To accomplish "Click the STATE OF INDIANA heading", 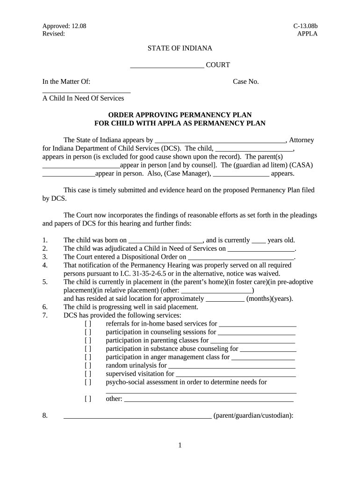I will [x=180, y=48].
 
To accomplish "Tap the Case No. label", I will [x=246, y=82].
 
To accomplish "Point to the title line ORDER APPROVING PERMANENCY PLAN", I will [x=180, y=115].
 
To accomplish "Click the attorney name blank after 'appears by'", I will [x=220, y=141].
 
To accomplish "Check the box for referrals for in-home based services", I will [x=88, y=324].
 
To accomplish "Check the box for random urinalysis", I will [x=88, y=365].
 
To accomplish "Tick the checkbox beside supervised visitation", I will [x=88, y=374].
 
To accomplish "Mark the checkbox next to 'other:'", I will [x=88, y=399].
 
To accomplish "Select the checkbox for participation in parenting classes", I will [x=88, y=341].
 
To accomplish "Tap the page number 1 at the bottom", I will [x=180, y=445].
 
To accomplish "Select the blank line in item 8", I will [x=137, y=416].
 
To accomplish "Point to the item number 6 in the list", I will [x=45, y=307].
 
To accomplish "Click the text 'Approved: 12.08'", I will [x=65, y=26].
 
